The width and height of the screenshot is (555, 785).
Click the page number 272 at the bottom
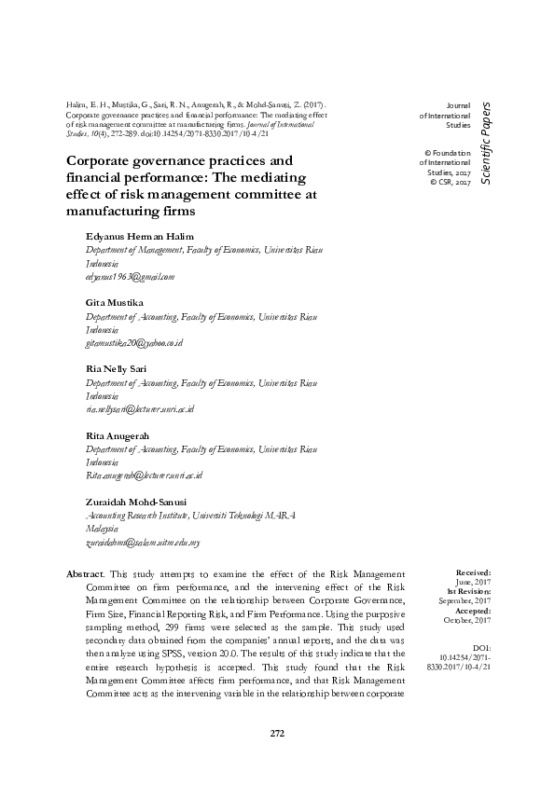click(277, 733)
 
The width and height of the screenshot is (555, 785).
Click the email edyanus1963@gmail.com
click(130, 277)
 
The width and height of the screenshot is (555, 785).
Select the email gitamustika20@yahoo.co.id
click(133, 343)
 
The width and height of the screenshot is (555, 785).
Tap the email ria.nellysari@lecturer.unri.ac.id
click(139, 408)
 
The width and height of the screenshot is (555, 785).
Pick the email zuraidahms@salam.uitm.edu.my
click(143, 541)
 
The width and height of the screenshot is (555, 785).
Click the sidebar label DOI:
click(481, 646)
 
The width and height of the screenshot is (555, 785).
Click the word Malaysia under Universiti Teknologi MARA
click(104, 528)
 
